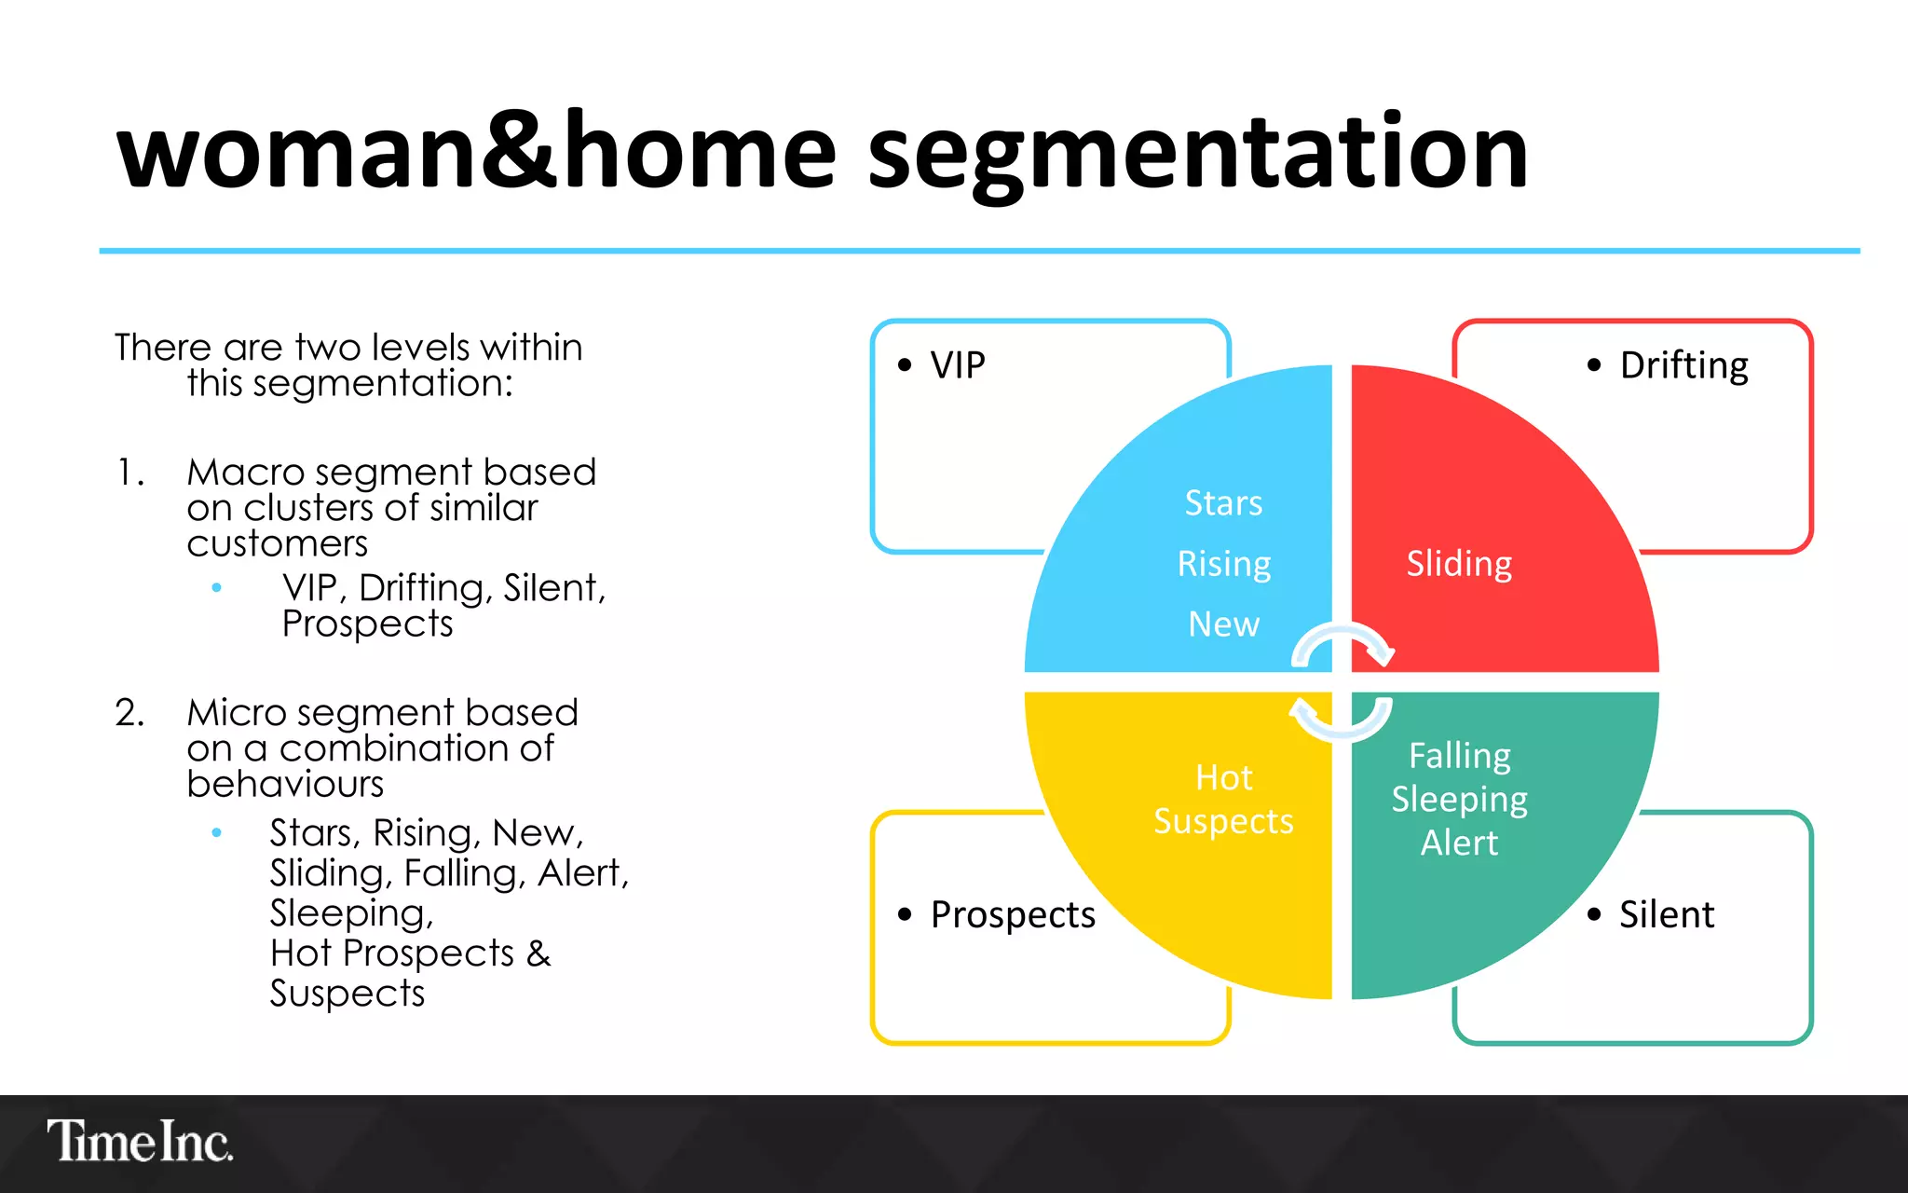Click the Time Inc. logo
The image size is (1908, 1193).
(140, 1141)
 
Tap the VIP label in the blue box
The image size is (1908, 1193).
(957, 365)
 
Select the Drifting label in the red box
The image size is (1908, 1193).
(1683, 365)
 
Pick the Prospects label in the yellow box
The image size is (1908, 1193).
(1013, 915)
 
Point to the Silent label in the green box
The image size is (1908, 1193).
(1666, 915)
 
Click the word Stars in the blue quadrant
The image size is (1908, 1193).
(1223, 503)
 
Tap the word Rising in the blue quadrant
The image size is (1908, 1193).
(1223, 565)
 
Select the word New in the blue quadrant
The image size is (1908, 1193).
(1223, 624)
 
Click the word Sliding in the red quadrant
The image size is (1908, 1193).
(1459, 565)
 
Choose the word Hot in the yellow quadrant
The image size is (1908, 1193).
(1223, 778)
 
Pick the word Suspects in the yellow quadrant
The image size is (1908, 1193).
(1223, 822)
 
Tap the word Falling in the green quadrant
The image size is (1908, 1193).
(1459, 756)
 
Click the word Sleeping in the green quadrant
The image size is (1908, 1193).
(1459, 800)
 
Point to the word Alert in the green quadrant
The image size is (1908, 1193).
(1459, 843)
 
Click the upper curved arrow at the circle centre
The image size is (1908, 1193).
(1342, 641)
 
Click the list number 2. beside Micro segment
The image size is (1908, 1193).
(129, 713)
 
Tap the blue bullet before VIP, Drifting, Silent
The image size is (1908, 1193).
(217, 587)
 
